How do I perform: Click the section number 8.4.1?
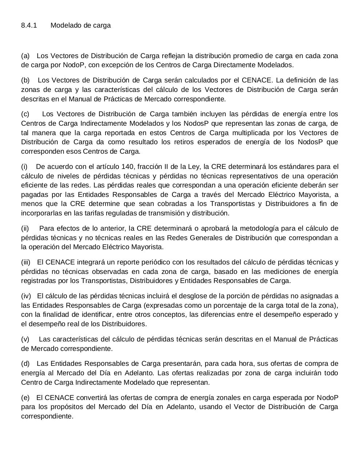29,25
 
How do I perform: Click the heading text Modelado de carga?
80,25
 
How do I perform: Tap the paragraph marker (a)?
25,56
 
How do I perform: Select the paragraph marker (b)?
25,80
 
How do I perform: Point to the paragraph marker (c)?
25,114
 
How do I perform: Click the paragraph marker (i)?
24,167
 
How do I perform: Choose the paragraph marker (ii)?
25,229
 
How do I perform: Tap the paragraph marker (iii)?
26,262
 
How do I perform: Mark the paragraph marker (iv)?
26,296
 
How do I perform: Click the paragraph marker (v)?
25,339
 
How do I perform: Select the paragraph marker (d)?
25,364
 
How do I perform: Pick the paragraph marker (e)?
25,398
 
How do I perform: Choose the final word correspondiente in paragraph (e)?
47,416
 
